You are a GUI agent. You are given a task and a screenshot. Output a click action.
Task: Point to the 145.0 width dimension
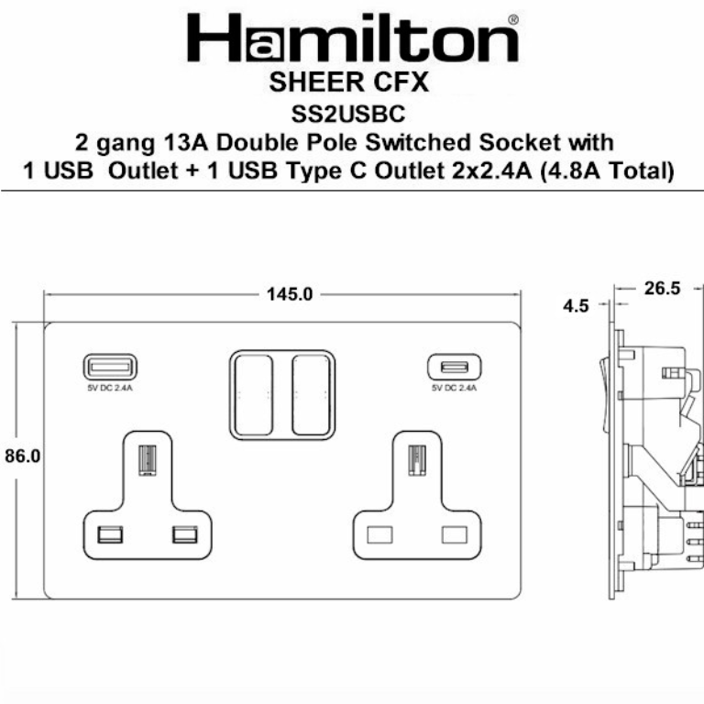point(290,294)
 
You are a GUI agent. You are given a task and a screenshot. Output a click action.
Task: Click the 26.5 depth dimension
point(661,289)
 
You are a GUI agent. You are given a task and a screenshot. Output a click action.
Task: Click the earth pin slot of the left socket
point(145,459)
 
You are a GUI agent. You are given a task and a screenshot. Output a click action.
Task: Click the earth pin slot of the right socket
point(416,459)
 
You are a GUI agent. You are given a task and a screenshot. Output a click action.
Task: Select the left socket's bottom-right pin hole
point(183,533)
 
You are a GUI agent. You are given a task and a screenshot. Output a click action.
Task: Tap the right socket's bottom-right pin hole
point(454,533)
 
